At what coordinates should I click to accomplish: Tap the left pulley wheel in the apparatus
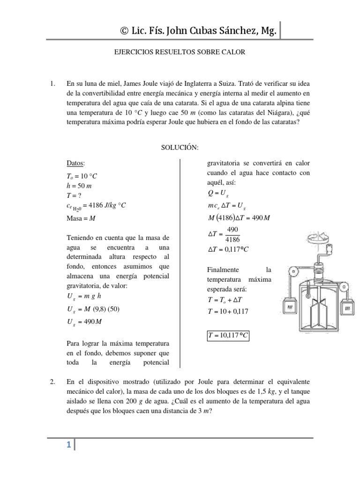[x=293, y=271]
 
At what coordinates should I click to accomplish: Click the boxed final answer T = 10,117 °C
[x=227, y=337]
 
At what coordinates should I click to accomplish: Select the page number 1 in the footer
[x=68, y=446]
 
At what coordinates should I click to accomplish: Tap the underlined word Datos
[x=75, y=163]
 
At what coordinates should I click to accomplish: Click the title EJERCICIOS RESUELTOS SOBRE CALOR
[x=180, y=52]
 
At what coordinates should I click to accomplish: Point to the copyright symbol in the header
[x=125, y=31]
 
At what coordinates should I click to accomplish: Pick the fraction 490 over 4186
[x=232, y=233]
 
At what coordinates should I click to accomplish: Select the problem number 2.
[x=52, y=382]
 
